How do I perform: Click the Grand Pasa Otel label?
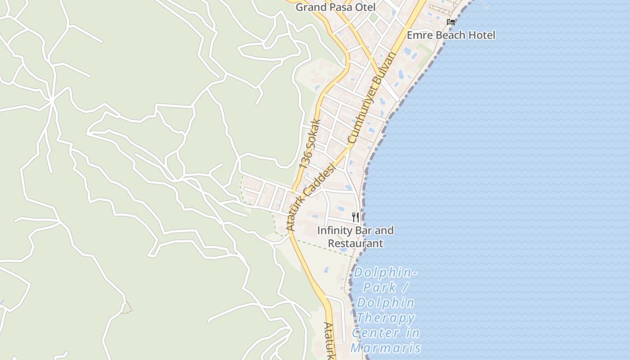pos(335,7)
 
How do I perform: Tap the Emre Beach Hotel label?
pos(451,35)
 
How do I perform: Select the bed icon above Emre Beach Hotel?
pos(451,22)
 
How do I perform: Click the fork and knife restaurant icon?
pos(355,217)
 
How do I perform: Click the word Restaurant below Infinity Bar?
pos(355,243)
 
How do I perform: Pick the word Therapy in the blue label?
pos(386,318)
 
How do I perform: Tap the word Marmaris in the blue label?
pos(386,348)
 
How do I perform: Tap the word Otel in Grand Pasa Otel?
pos(365,7)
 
